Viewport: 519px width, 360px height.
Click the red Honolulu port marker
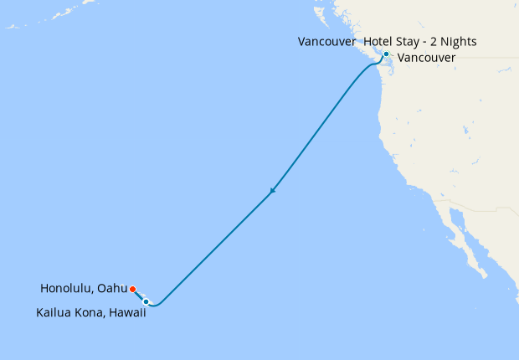click(133, 290)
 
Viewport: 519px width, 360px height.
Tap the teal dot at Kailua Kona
click(146, 301)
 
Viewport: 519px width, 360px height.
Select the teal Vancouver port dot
click(386, 54)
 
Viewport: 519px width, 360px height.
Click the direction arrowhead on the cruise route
click(272, 193)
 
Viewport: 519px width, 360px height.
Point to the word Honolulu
click(67, 289)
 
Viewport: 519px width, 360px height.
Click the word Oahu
click(112, 289)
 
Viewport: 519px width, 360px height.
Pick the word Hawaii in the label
click(126, 313)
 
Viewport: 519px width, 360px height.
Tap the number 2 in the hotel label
click(440, 41)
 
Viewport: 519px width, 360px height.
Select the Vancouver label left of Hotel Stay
click(326, 41)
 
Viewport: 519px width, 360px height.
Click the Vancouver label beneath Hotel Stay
click(427, 58)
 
